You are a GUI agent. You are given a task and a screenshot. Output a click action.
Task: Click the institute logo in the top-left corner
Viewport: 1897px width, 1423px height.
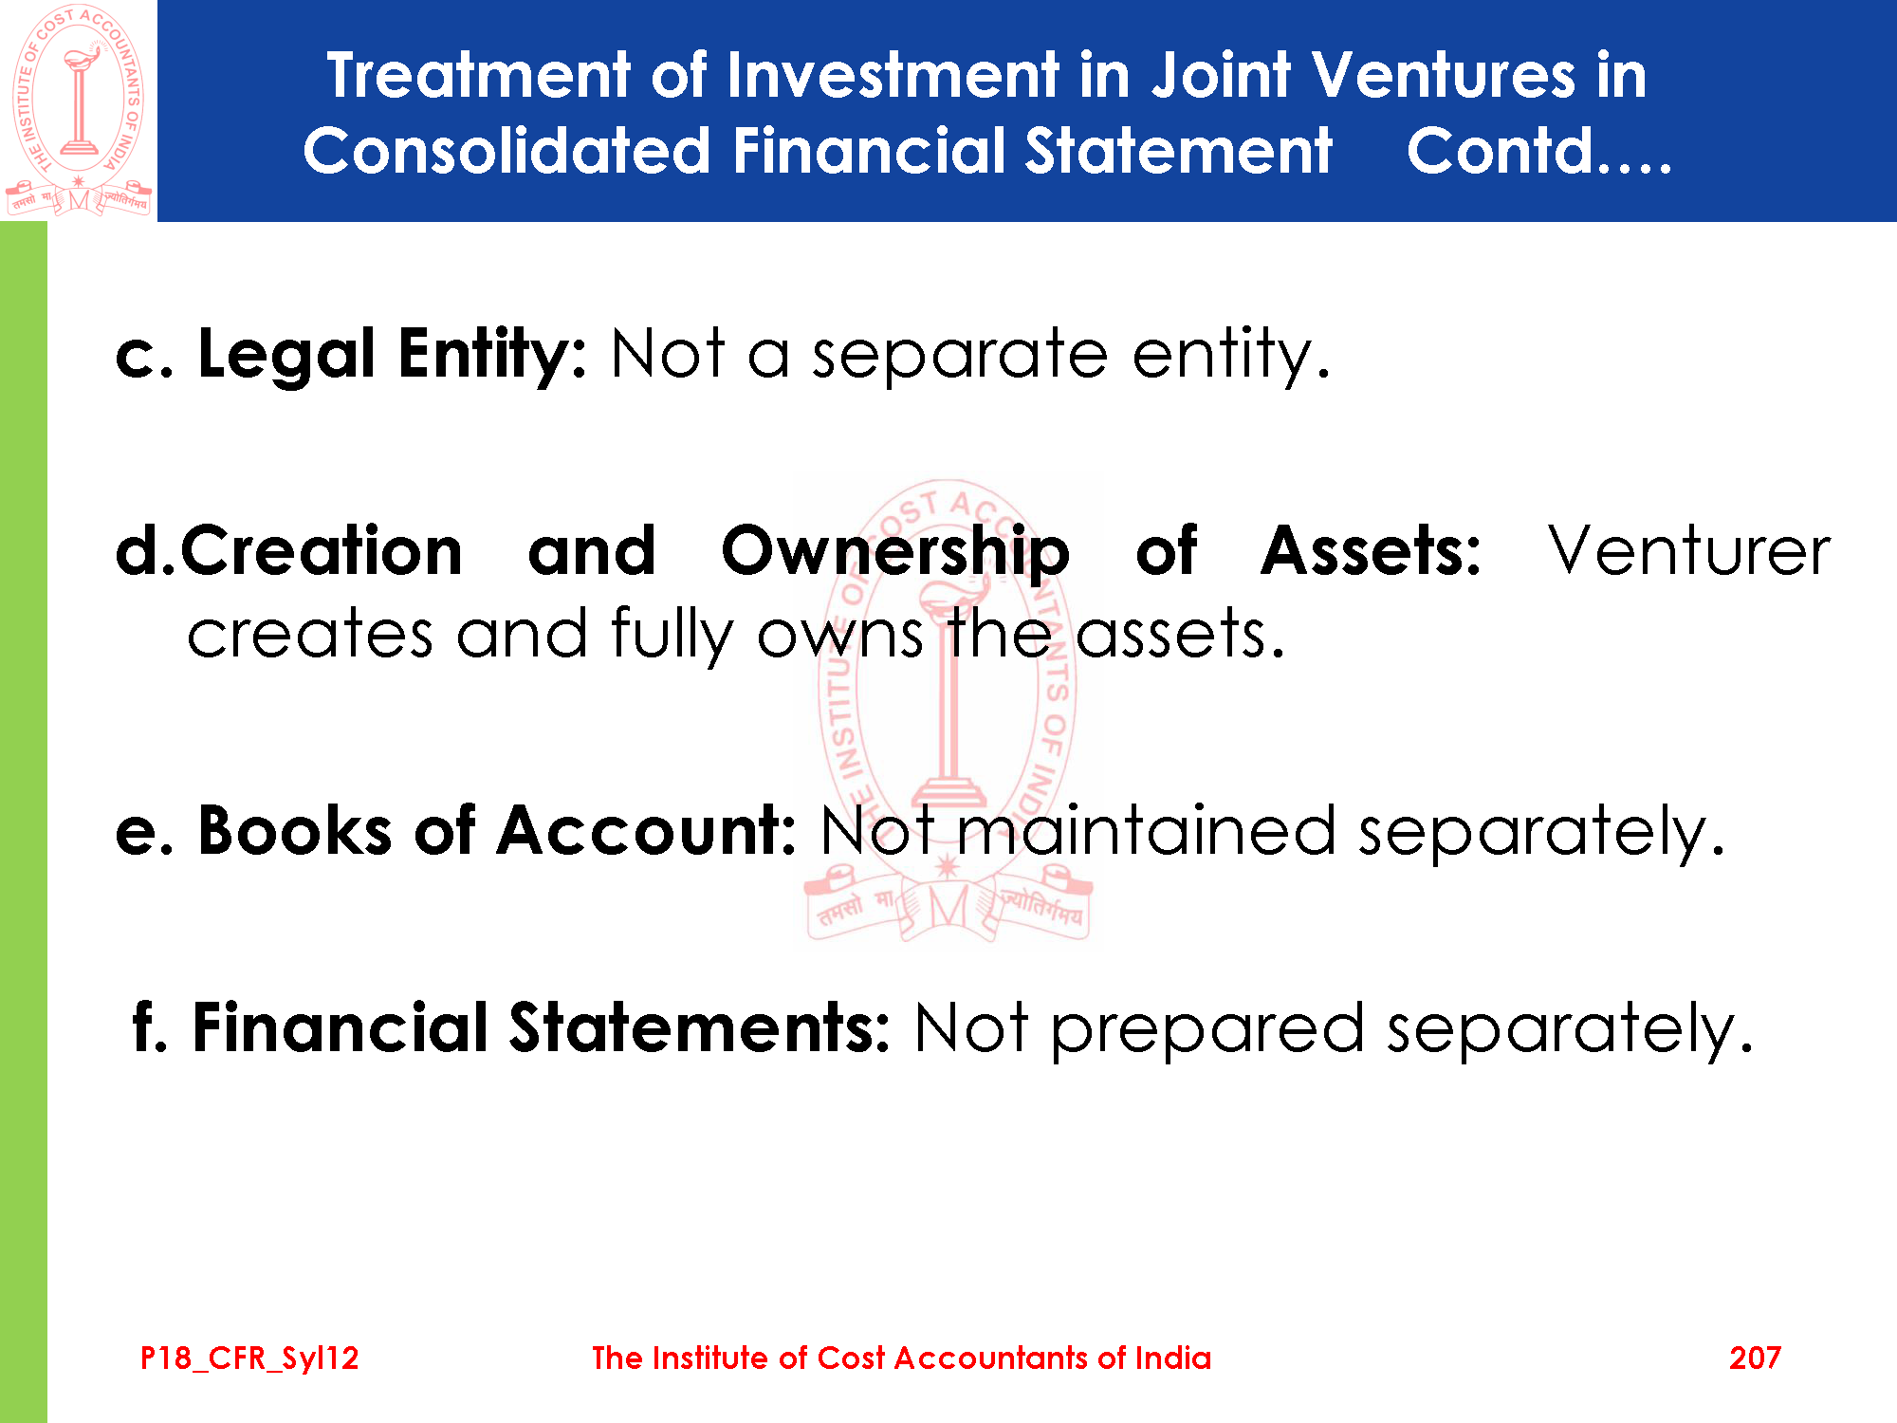pyautogui.click(x=79, y=111)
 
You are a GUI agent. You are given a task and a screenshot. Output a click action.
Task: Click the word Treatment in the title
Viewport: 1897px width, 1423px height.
pyautogui.click(x=479, y=75)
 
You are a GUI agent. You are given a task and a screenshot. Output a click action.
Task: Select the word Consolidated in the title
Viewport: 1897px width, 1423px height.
pyautogui.click(x=506, y=151)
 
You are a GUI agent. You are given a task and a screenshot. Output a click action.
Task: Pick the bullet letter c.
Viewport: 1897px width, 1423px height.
pyautogui.click(x=142, y=358)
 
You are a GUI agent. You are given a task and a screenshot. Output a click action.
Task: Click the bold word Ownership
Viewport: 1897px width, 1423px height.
pyautogui.click(x=895, y=553)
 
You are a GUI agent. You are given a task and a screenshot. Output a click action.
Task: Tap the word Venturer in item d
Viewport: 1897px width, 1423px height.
pyautogui.click(x=1689, y=551)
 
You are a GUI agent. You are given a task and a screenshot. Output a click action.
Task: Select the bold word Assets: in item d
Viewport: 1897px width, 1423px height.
pyautogui.click(x=1371, y=551)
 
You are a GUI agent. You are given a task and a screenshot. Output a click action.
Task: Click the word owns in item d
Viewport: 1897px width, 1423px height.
pyautogui.click(x=839, y=636)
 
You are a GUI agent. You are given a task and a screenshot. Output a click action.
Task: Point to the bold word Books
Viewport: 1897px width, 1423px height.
pyautogui.click(x=294, y=831)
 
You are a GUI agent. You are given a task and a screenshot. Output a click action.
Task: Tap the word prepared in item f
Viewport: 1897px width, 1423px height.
pyautogui.click(x=1207, y=1032)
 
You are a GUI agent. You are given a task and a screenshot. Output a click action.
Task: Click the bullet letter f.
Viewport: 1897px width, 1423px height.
pyautogui.click(x=149, y=1027)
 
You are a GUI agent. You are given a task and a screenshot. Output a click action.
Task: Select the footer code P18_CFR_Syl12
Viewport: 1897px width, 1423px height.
pyautogui.click(x=249, y=1358)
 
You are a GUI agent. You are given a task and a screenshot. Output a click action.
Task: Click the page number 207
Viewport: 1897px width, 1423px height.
pyautogui.click(x=1755, y=1358)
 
